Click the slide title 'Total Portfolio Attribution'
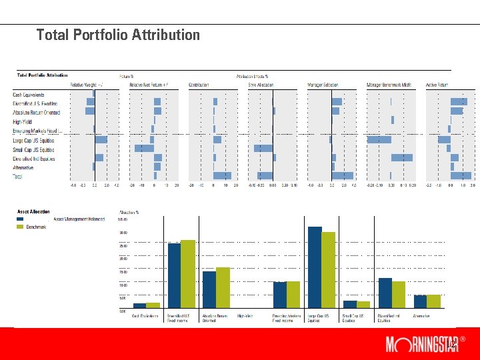click(x=118, y=35)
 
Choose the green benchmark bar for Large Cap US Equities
click(x=328, y=269)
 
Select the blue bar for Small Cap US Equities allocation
click(x=350, y=303)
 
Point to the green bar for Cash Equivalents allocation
click(x=153, y=305)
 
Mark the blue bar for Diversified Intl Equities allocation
click(x=385, y=292)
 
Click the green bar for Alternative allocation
click(x=433, y=301)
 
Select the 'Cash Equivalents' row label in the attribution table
click(x=30, y=95)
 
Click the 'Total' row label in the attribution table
click(x=17, y=177)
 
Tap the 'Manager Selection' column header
click(x=323, y=85)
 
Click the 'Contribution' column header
click(x=199, y=85)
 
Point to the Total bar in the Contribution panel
click(x=222, y=176)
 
